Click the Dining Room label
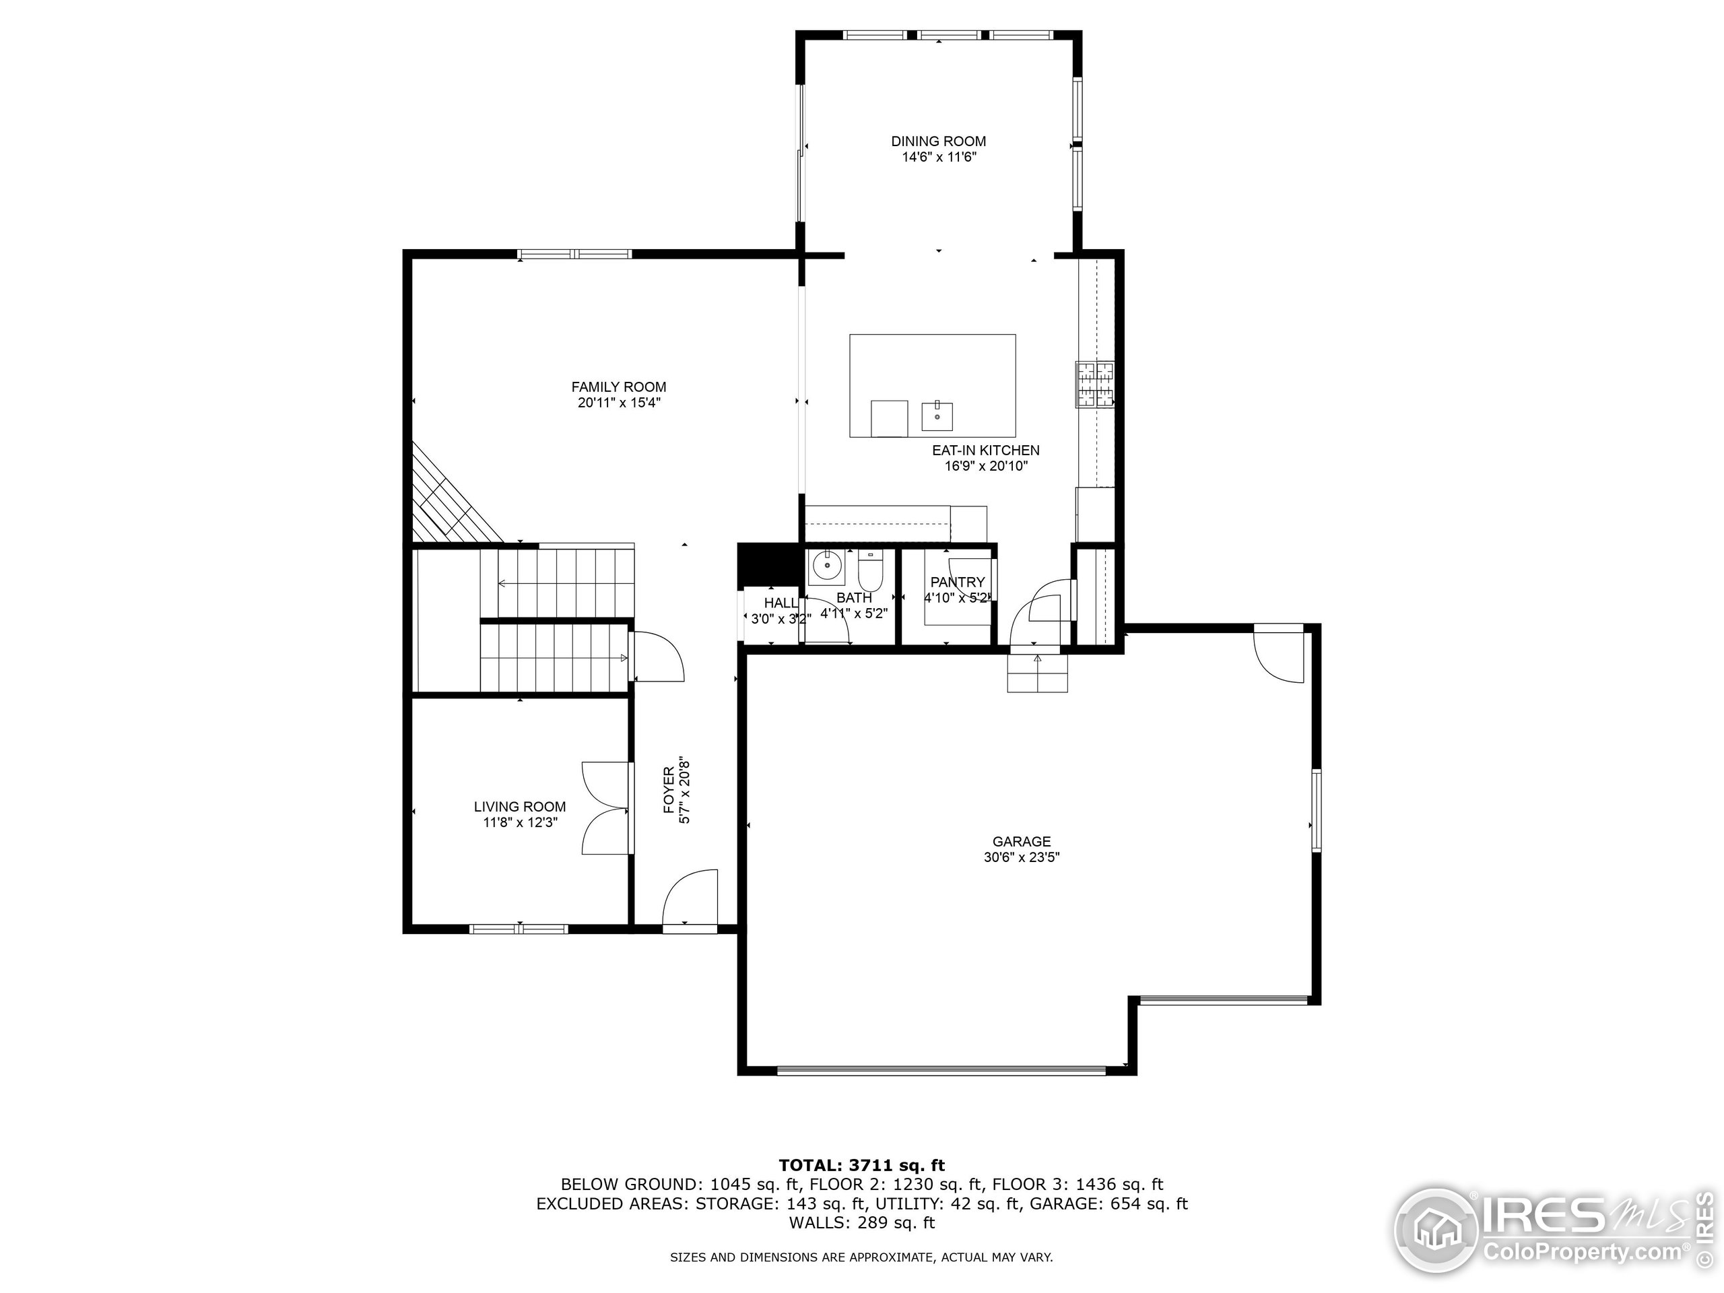point(938,141)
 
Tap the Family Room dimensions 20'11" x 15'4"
point(619,403)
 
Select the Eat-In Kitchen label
point(986,451)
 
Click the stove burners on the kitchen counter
point(1095,385)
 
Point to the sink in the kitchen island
point(937,416)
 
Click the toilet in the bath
point(870,572)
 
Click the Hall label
point(780,603)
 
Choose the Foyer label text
point(669,789)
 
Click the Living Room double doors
point(606,808)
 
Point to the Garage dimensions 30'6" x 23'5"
point(1021,857)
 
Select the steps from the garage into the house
point(1037,673)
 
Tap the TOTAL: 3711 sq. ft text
point(861,1165)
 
